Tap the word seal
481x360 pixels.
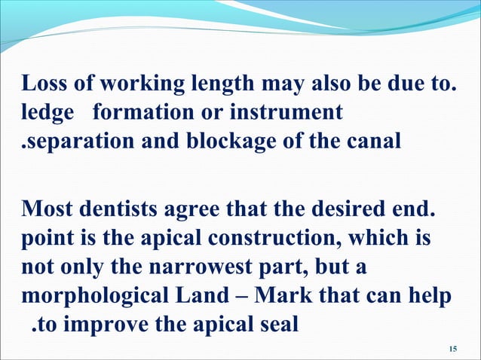click(x=277, y=325)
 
